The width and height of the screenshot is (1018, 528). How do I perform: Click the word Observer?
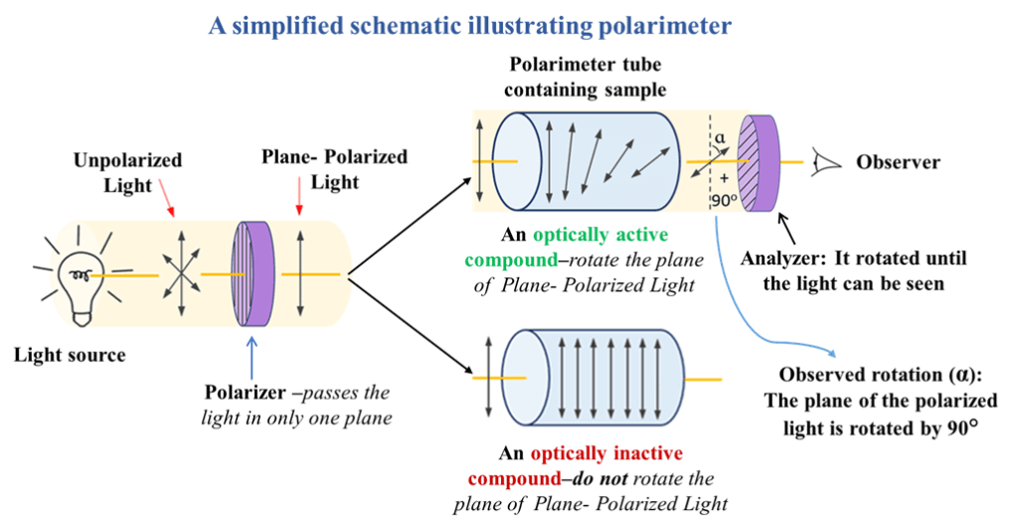tap(898, 161)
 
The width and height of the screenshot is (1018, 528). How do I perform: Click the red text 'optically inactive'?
tap(607, 453)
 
